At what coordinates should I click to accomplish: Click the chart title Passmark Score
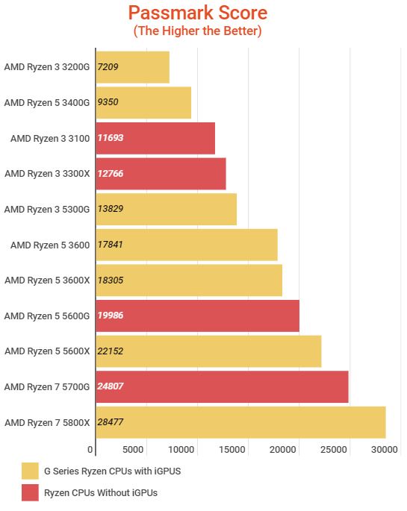pyautogui.click(x=197, y=13)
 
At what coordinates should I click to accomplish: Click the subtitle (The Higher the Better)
pyautogui.click(x=197, y=31)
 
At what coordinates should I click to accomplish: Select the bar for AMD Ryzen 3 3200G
pyautogui.click(x=132, y=67)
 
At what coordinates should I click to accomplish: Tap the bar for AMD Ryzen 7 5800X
pyautogui.click(x=240, y=422)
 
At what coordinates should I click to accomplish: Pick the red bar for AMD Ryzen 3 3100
pyautogui.click(x=155, y=138)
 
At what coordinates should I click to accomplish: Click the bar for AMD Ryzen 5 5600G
pyautogui.click(x=197, y=316)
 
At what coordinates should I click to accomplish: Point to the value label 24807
pyautogui.click(x=111, y=386)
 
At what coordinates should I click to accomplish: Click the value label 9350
pyautogui.click(x=108, y=103)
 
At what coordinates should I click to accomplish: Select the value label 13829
pyautogui.click(x=111, y=210)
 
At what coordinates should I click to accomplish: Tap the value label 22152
pyautogui.click(x=111, y=351)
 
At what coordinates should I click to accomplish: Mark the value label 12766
pyautogui.click(x=111, y=174)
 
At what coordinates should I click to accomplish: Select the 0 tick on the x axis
pyautogui.click(x=91, y=450)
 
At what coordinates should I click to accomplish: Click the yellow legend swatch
pyautogui.click(x=31, y=471)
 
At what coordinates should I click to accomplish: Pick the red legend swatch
pyautogui.click(x=31, y=492)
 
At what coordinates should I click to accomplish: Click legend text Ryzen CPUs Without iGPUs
pyautogui.click(x=102, y=492)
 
